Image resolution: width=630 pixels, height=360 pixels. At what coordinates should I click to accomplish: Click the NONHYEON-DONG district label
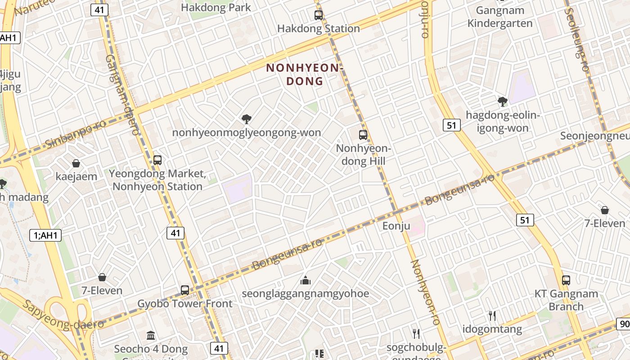point(305,74)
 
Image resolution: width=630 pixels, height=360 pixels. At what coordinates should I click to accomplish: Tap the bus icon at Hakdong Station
point(319,15)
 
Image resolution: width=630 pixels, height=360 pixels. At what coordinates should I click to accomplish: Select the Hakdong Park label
point(216,7)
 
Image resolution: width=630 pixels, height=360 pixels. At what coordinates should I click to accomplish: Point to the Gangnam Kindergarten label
point(500,17)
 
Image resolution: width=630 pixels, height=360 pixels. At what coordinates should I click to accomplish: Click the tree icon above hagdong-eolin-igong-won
point(503,102)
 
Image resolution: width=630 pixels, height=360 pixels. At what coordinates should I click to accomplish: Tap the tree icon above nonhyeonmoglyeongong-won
point(247,119)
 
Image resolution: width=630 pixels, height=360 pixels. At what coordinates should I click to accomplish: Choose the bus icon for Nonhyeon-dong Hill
point(363,135)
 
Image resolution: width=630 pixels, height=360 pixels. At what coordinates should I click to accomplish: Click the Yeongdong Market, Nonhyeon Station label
point(157,180)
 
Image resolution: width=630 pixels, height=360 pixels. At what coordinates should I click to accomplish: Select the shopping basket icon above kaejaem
point(76,163)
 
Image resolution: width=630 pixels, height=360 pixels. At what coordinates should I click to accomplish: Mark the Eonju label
point(396,225)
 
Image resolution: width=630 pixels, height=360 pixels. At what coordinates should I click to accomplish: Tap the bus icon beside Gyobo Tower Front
point(185,290)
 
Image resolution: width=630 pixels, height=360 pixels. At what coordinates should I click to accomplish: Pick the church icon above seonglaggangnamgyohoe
point(306,281)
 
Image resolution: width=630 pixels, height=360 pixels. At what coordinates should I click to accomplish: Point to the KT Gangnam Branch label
point(566,300)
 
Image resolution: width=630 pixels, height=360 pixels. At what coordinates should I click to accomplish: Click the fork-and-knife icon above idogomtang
point(492,316)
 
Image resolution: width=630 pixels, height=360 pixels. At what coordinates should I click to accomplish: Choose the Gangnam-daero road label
point(123,94)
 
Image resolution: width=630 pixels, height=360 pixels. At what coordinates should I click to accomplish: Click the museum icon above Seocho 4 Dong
point(151,336)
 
